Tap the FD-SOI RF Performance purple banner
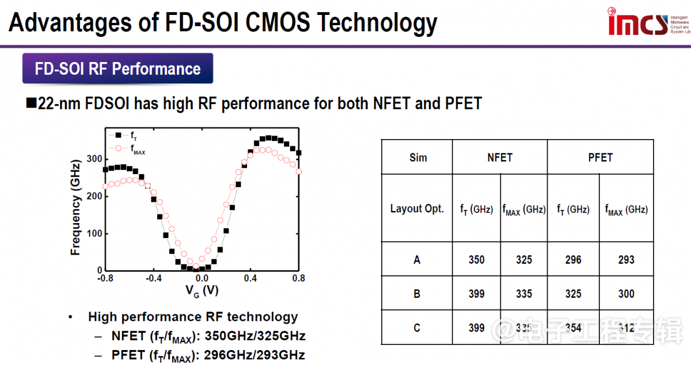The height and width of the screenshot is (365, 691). [x=117, y=69]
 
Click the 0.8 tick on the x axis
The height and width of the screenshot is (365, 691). [x=298, y=278]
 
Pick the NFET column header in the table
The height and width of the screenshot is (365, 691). [x=499, y=157]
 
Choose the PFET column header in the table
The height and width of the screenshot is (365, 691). [x=600, y=157]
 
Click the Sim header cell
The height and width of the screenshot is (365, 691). [x=417, y=157]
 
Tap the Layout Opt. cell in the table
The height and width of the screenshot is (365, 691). [x=417, y=209]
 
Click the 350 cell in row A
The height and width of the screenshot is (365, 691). [x=476, y=260]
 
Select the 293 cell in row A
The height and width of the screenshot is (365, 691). [x=626, y=260]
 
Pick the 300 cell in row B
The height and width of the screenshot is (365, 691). [x=626, y=294]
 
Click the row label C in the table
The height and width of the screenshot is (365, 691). [x=417, y=328]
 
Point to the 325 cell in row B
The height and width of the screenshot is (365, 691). [x=573, y=294]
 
